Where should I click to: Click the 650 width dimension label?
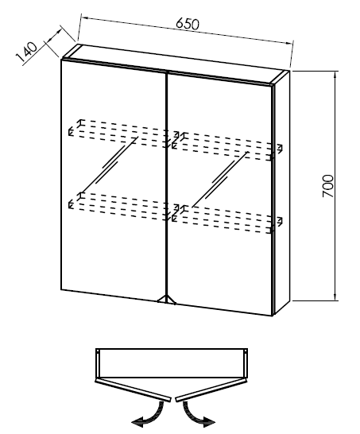188,24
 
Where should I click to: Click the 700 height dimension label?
328,186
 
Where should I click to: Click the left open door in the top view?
133,390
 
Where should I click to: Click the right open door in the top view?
211,390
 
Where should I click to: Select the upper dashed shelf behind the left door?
119,134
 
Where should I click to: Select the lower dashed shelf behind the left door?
119,206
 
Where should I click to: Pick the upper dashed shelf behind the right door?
227,147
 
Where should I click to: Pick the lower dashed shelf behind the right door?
227,219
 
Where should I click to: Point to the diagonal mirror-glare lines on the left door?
108,165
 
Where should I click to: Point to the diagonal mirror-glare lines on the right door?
220,180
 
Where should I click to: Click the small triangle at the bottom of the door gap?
167,299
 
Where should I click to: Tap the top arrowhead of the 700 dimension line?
335,75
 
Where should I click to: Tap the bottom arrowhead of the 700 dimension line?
335,296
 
